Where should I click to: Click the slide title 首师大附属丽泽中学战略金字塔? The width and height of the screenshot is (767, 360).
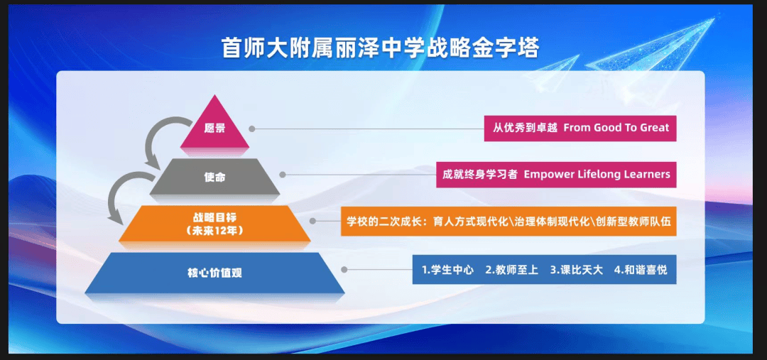[381, 48]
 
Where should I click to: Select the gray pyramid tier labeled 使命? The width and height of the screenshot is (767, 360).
[214, 177]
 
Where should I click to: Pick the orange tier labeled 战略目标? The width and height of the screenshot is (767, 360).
[214, 224]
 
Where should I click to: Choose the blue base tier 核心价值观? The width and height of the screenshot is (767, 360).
[214, 273]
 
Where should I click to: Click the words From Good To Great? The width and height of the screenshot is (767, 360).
[616, 128]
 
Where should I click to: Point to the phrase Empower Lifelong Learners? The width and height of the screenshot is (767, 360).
[597, 175]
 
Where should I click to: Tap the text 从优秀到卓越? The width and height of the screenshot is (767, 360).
[525, 128]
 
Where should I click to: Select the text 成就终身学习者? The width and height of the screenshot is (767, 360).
[480, 175]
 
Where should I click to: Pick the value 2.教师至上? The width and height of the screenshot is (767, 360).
[511, 270]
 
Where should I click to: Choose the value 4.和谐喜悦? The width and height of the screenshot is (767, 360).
[641, 270]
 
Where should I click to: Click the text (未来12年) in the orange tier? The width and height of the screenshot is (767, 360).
[214, 230]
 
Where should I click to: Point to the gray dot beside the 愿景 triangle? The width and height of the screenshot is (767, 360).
[252, 129]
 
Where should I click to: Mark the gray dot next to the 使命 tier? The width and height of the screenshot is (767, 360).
[282, 175]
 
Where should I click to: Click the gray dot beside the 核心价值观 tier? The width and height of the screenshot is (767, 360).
[344, 270]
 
